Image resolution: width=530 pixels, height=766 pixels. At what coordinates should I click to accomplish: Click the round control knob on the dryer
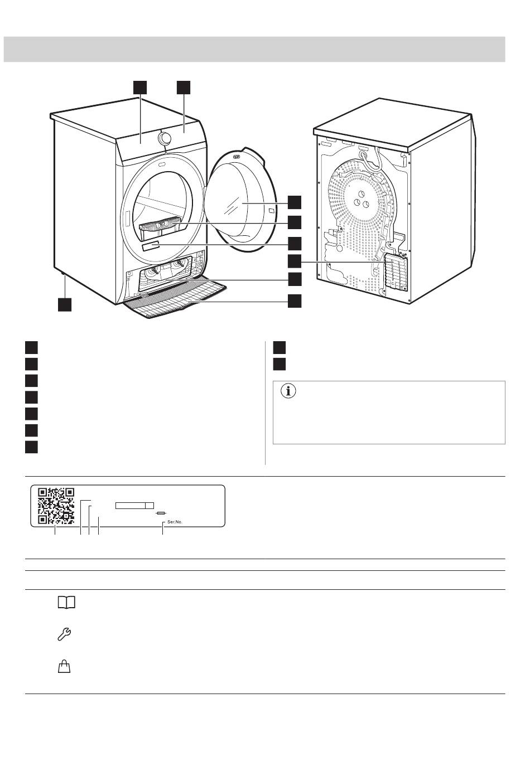[x=165, y=138]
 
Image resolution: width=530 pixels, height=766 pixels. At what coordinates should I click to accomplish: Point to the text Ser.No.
[x=175, y=522]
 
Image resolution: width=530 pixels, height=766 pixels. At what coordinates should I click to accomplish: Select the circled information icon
[x=288, y=391]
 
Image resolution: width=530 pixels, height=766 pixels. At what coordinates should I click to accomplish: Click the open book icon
[x=66, y=603]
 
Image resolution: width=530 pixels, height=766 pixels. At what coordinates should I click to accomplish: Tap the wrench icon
[x=65, y=634]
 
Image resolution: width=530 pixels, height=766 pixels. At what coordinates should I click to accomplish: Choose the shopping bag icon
[x=65, y=666]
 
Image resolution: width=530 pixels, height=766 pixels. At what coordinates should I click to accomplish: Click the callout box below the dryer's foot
[x=65, y=304]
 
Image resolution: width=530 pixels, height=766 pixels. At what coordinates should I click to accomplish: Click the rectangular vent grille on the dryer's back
[x=396, y=272]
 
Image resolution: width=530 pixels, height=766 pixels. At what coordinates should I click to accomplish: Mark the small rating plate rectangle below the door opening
[x=151, y=247]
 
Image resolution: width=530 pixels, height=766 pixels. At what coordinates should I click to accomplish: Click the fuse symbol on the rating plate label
[x=161, y=512]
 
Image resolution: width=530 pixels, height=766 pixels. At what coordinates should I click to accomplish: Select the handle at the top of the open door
[x=238, y=157]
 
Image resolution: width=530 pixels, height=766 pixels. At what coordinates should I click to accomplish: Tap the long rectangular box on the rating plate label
[x=134, y=505]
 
